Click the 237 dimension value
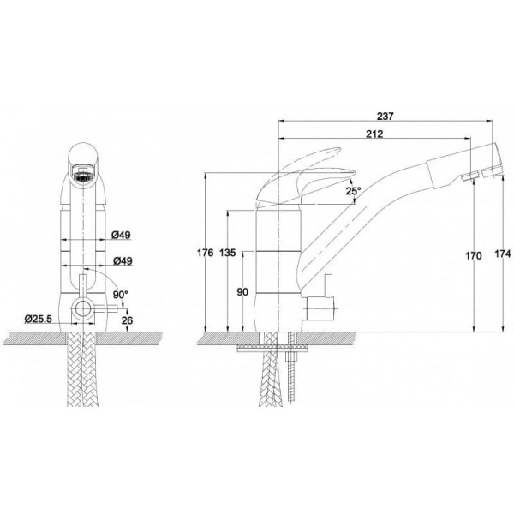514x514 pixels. click(385, 116)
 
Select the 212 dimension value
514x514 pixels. click(374, 134)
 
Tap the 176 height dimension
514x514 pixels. click(206, 253)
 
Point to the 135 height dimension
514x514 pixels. click(228, 253)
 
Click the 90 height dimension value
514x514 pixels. click(242, 292)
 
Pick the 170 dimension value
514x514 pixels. click(474, 255)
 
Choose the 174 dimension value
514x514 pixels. click(503, 254)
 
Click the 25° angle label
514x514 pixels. click(353, 191)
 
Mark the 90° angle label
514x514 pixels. click(120, 295)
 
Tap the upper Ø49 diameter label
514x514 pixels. click(121, 235)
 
